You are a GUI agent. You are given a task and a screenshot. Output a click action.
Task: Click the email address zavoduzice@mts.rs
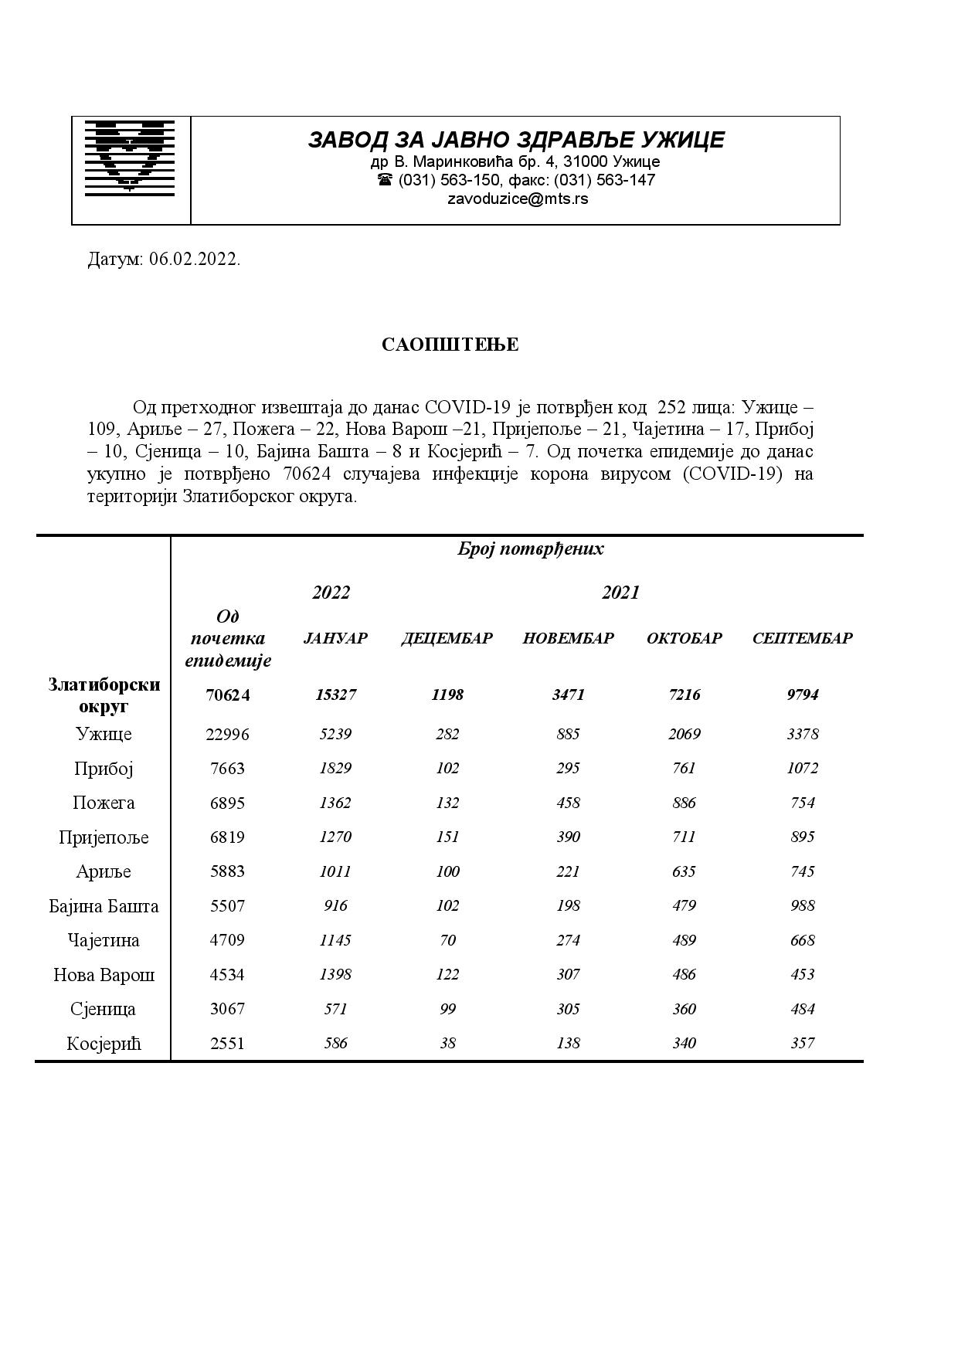(517, 199)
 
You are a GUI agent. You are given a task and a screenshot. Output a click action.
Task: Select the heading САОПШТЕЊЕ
(450, 345)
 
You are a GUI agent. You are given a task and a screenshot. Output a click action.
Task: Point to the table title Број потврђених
(530, 549)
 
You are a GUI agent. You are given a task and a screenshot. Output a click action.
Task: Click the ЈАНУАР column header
(335, 638)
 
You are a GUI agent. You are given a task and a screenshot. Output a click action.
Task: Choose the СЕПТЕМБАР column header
(802, 638)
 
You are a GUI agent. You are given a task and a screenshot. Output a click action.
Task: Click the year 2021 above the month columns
(620, 593)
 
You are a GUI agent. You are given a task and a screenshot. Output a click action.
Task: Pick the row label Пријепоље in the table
(104, 837)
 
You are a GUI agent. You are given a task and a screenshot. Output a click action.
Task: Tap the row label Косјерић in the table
(104, 1044)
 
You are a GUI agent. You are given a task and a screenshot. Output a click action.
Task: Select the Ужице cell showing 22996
(227, 734)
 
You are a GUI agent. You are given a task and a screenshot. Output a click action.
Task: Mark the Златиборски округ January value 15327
(335, 694)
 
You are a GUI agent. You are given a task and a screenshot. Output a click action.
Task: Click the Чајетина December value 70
(447, 940)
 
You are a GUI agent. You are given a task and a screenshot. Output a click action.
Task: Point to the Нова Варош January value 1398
(335, 974)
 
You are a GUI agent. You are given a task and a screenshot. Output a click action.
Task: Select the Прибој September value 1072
(802, 768)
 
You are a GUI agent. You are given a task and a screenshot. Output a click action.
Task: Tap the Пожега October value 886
(684, 803)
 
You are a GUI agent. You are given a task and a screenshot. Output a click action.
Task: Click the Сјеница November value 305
(568, 1009)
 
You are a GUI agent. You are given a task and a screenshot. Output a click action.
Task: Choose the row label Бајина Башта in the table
(104, 906)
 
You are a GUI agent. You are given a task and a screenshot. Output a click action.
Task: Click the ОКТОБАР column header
(684, 638)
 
